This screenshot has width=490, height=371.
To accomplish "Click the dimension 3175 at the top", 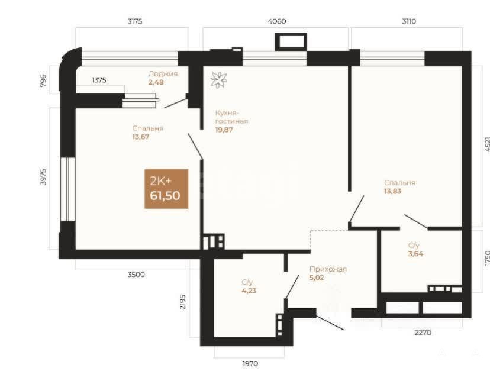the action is [135, 21].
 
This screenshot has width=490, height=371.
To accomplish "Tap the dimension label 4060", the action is [277, 21].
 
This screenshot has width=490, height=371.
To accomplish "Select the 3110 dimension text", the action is [409, 21].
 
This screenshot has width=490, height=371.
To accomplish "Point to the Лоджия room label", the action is [163, 74].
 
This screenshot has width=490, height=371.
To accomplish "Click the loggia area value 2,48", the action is [156, 82].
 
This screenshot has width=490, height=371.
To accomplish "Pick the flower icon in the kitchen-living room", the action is [219, 80].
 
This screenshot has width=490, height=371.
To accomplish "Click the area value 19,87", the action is [224, 130].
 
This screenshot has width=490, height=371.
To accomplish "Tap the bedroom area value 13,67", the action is [141, 137].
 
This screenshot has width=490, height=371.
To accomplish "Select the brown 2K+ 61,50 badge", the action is [166, 189].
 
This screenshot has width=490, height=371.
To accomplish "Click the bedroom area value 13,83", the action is [392, 191].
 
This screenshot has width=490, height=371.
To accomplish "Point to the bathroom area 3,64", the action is [415, 254].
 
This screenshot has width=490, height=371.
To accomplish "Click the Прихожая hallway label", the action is [328, 269].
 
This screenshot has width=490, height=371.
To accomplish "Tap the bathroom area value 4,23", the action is [249, 291].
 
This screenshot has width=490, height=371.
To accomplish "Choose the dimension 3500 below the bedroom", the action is [136, 275].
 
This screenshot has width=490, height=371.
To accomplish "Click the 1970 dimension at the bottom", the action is [250, 363].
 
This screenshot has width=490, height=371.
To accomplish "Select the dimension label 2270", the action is [423, 333].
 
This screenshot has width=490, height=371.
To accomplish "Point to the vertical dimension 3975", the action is [43, 176].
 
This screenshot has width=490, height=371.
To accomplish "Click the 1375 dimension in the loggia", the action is [99, 80].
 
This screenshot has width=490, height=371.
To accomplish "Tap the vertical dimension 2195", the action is [183, 302].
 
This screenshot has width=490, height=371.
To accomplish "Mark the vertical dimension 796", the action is [43, 80].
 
